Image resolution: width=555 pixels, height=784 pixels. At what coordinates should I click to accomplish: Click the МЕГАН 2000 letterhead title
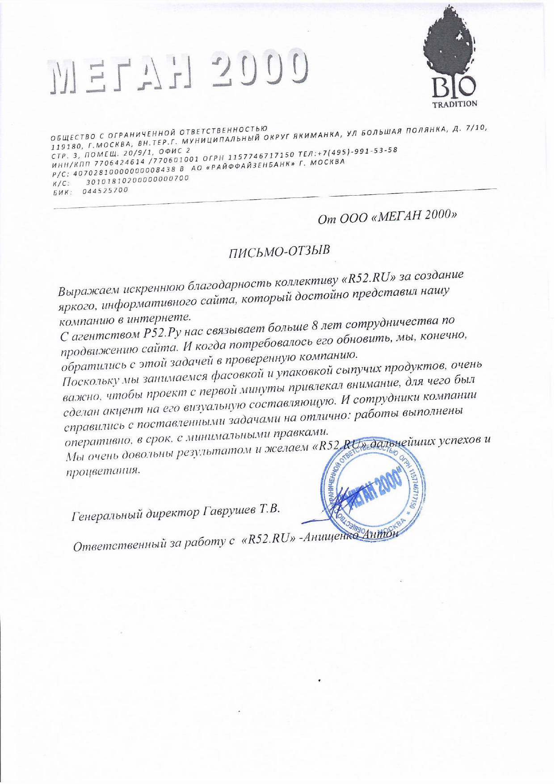179,72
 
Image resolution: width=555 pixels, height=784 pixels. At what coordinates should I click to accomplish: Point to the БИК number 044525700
105,190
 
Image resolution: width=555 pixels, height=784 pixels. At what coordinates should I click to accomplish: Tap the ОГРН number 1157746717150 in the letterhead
262,156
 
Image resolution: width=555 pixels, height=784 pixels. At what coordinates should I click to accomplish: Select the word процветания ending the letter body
102,471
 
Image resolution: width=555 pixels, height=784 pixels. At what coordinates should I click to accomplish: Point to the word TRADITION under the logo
455,104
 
